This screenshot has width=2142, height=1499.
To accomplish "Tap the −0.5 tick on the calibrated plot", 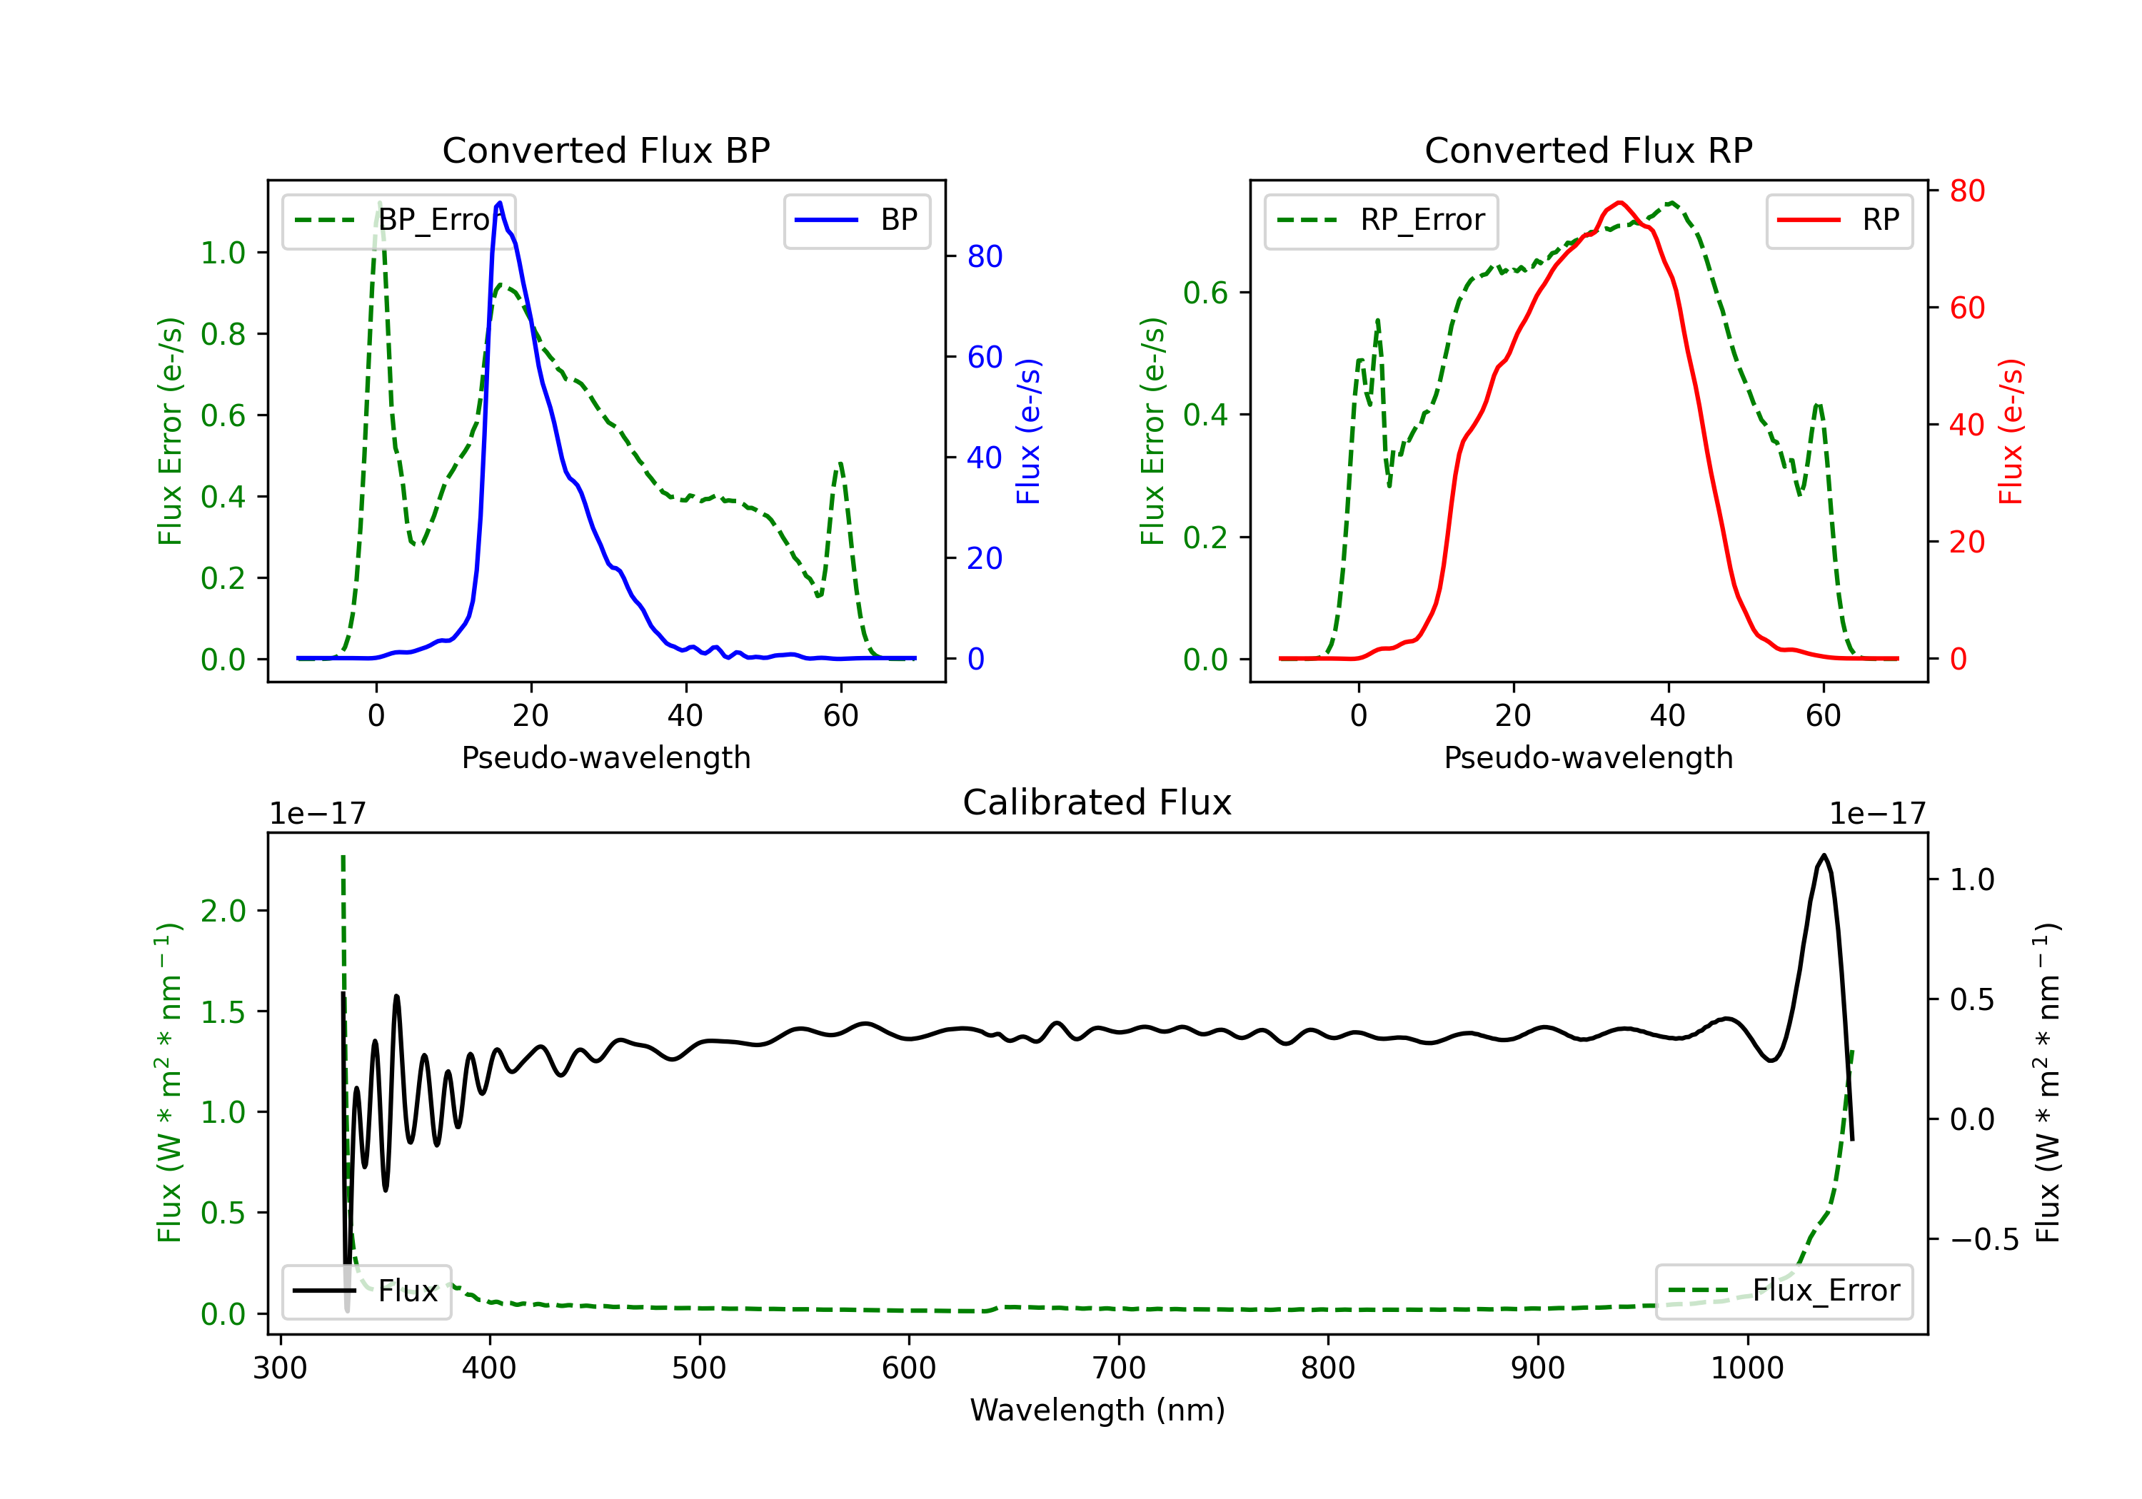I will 1983,1240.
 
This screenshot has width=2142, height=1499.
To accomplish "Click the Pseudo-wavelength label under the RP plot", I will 1588,757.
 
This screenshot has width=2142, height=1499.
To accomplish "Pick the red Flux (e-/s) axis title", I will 2011,431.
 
